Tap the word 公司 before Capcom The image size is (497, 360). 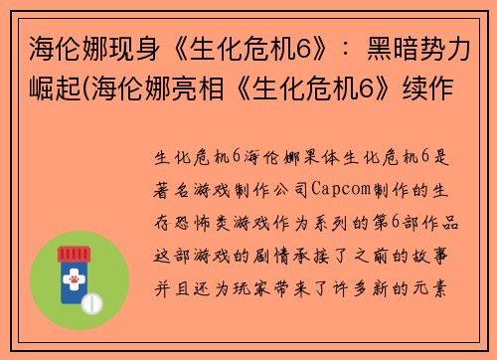289,188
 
